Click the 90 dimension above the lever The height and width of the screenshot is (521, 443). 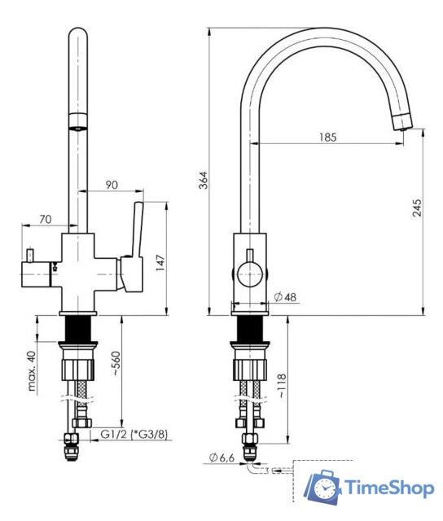(112, 186)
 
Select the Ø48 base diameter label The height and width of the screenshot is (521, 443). (284, 297)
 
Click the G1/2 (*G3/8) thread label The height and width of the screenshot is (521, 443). (134, 435)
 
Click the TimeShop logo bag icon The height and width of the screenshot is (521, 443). (324, 488)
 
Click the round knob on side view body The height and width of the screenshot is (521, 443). (248, 272)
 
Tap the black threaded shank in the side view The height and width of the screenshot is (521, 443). (248, 328)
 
